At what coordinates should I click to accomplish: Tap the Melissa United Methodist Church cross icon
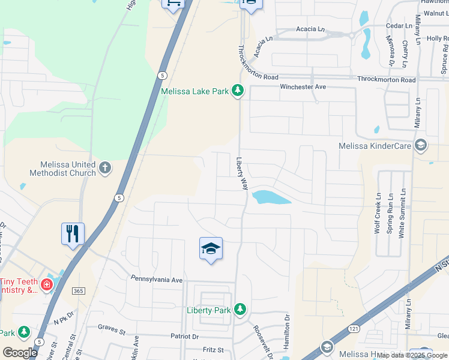tap(105, 167)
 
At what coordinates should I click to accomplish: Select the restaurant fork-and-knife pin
tap(73, 233)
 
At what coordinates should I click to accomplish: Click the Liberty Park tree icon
tap(240, 309)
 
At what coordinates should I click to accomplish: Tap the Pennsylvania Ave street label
tap(157, 280)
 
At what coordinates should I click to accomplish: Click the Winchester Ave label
tap(303, 87)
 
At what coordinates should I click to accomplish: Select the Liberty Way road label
tap(243, 174)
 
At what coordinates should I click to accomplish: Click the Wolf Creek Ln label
tap(378, 213)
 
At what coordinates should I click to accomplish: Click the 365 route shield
tap(78, 290)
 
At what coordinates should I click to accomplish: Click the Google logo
tap(20, 352)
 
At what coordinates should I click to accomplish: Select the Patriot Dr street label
tap(184, 337)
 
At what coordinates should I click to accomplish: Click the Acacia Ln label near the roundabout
tap(310, 29)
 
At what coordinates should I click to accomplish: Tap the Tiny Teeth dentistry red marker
tap(46, 283)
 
